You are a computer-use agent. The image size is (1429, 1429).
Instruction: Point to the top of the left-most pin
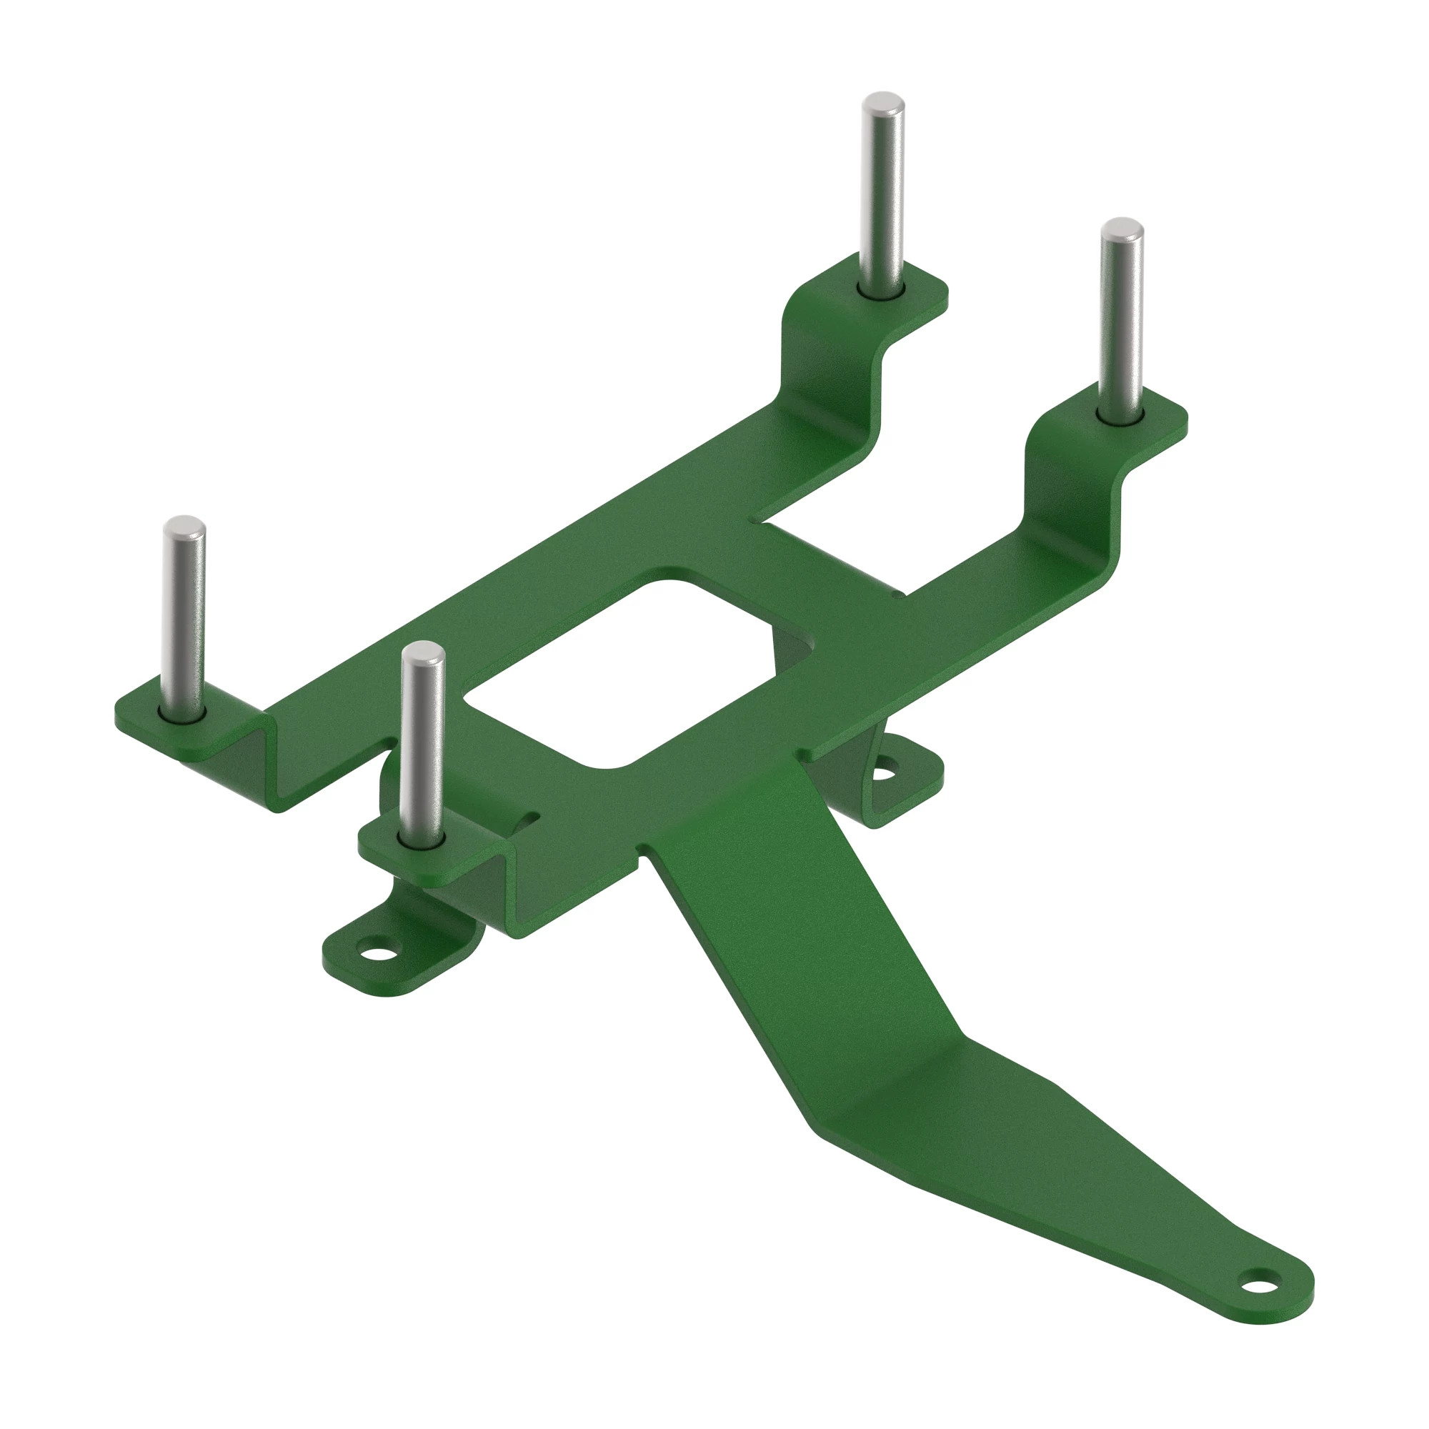pos(184,524)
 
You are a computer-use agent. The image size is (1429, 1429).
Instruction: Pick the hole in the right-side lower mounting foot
pos(885,773)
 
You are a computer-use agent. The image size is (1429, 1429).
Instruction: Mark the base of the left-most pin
pos(182,714)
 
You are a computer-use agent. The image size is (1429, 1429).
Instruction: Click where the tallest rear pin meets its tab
pos(881,291)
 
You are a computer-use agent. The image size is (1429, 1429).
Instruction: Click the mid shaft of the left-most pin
pos(184,622)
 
